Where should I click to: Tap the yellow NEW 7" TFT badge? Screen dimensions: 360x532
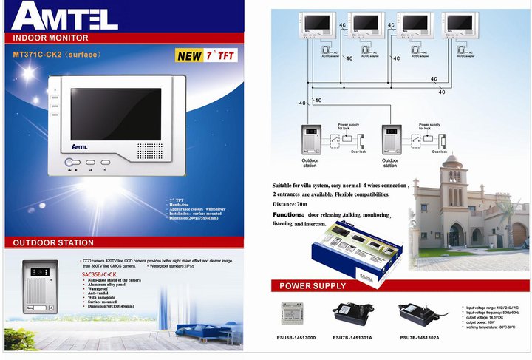click(200, 55)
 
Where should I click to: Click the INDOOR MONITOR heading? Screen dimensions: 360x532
click(51, 38)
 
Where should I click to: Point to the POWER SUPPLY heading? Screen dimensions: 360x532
click(312, 286)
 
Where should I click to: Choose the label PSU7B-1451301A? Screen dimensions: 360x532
click(352, 337)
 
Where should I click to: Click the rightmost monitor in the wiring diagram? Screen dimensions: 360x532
click(468, 27)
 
